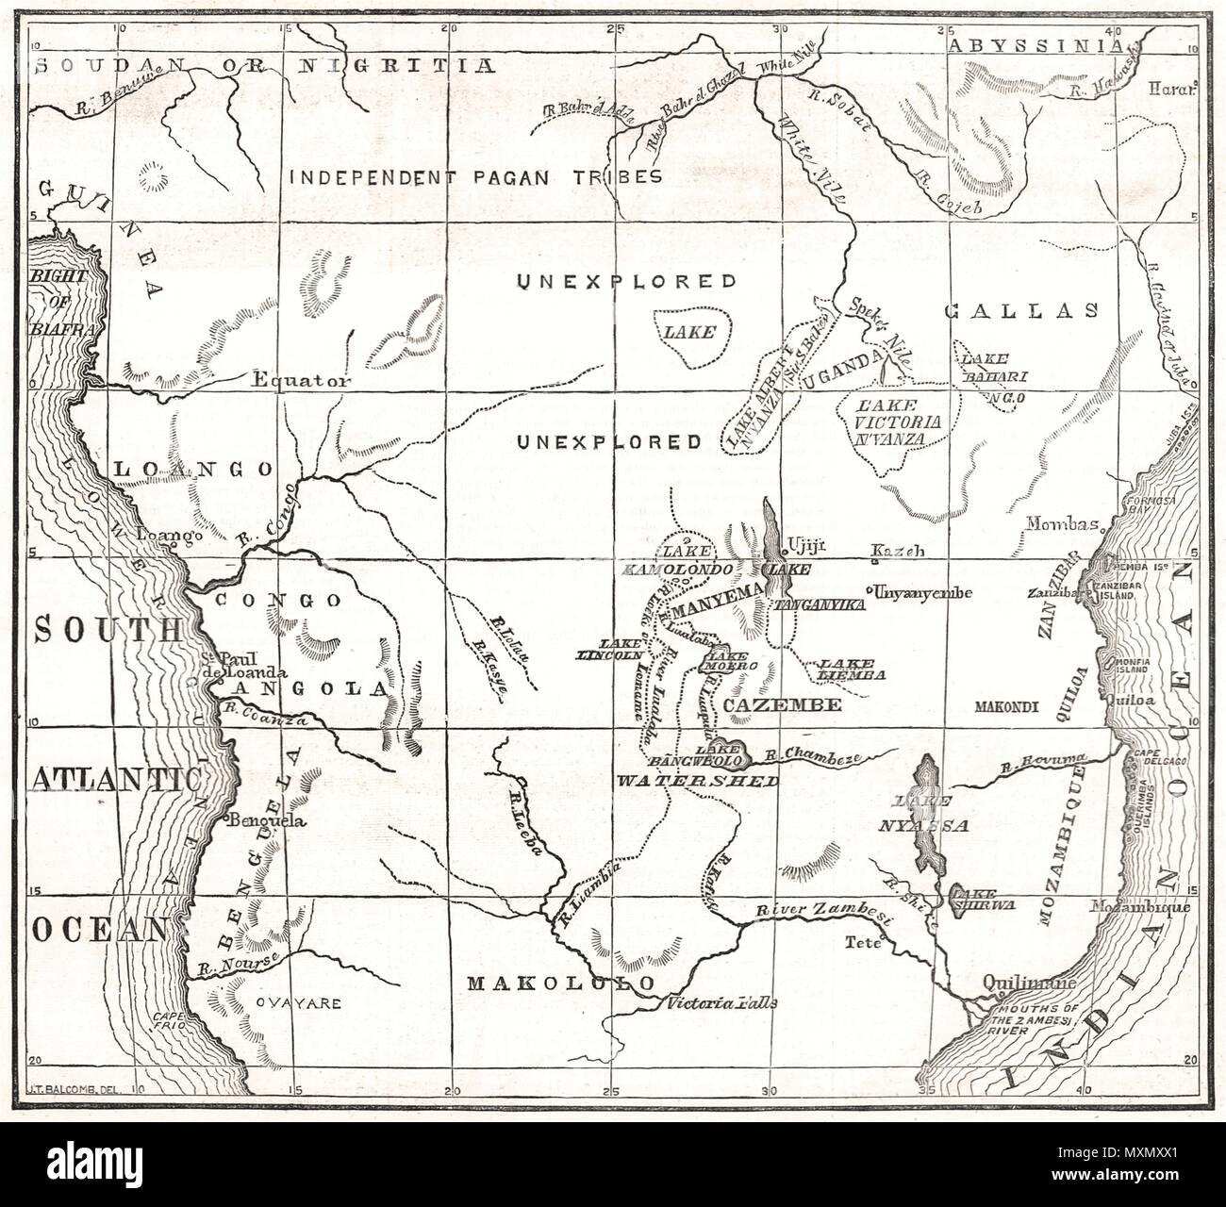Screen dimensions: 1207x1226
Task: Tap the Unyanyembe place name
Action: click(923, 592)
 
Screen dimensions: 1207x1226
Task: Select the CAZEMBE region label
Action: click(769, 704)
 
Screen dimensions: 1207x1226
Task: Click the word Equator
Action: click(302, 381)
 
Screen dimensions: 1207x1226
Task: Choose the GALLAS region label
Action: click(1021, 310)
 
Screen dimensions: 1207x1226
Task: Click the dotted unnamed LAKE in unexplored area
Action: click(687, 332)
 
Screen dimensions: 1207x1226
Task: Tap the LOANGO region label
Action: click(193, 469)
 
